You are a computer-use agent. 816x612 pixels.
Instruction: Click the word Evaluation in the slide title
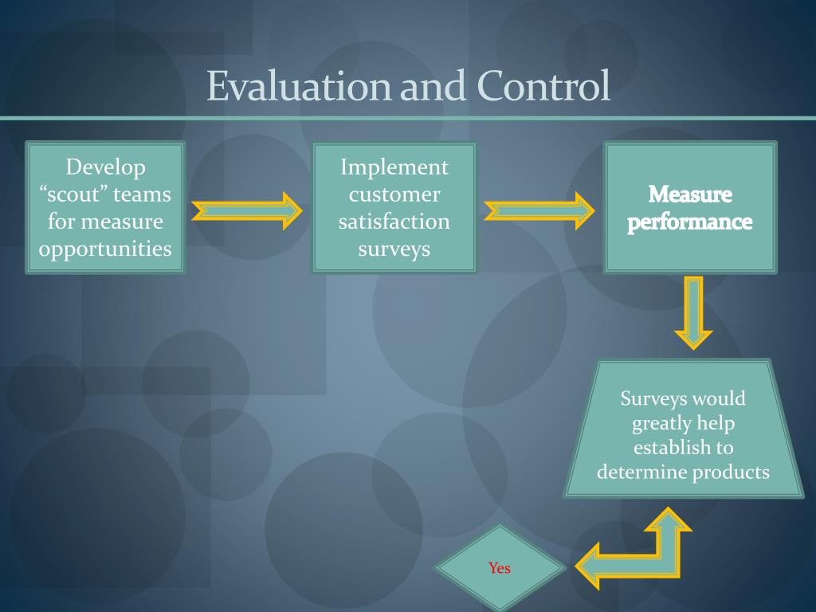pyautogui.click(x=299, y=86)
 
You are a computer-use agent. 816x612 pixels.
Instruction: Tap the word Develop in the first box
pyautogui.click(x=106, y=167)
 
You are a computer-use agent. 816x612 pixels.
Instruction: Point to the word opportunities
pyautogui.click(x=106, y=249)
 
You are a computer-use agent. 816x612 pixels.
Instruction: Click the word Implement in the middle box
pyautogui.click(x=394, y=167)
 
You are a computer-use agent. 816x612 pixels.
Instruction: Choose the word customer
pyautogui.click(x=394, y=194)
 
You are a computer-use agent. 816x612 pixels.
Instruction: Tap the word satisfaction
pyautogui.click(x=394, y=222)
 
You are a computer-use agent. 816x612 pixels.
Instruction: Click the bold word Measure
pyautogui.click(x=690, y=194)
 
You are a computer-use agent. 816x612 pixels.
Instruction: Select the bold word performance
pyautogui.click(x=690, y=222)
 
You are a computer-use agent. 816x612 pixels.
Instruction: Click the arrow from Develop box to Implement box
pyautogui.click(x=247, y=210)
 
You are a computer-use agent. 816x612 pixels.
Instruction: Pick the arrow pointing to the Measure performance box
pyautogui.click(x=539, y=210)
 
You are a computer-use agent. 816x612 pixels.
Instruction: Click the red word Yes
pyautogui.click(x=500, y=568)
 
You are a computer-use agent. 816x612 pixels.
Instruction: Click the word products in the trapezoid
pyautogui.click(x=731, y=472)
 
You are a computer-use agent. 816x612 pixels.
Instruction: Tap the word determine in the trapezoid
pyautogui.click(x=641, y=472)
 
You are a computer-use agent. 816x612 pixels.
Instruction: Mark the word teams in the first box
pyautogui.click(x=143, y=194)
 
